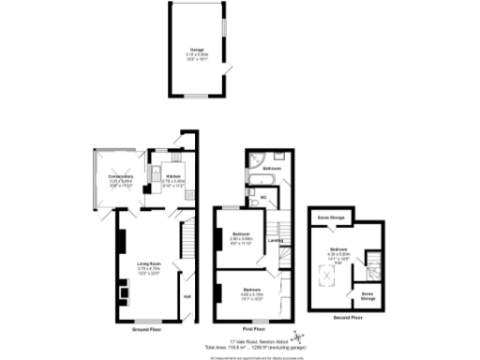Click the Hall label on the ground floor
click(187, 297)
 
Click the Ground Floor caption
click(149, 329)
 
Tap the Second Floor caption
click(347, 317)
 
